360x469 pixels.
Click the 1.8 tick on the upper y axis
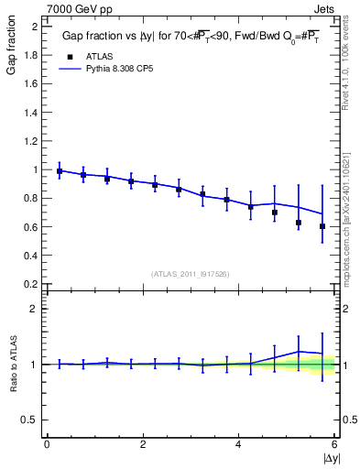click(32, 55)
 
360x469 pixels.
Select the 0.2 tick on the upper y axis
click(32, 284)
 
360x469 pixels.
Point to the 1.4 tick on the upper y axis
click(32, 113)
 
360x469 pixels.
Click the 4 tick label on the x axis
click(238, 444)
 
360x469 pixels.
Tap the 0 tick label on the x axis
click(47, 444)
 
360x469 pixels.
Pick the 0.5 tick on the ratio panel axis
click(32, 420)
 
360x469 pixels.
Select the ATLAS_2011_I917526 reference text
click(191, 273)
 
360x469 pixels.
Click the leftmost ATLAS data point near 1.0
click(60, 171)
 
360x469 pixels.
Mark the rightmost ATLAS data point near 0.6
click(322, 226)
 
